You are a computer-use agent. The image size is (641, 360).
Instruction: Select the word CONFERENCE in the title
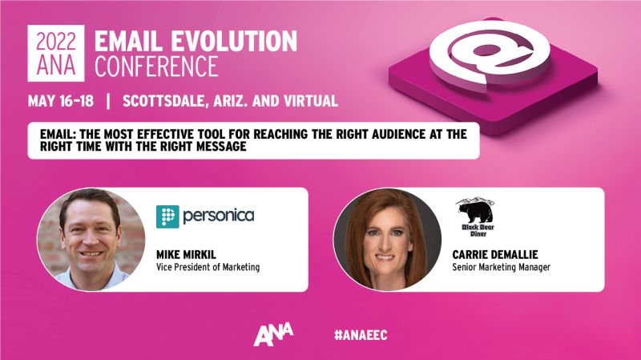(x=156, y=67)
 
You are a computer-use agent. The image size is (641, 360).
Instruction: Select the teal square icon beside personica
(x=167, y=216)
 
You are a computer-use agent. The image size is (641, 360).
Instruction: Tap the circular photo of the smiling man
(x=91, y=239)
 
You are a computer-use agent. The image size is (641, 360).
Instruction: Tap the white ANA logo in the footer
(x=272, y=333)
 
